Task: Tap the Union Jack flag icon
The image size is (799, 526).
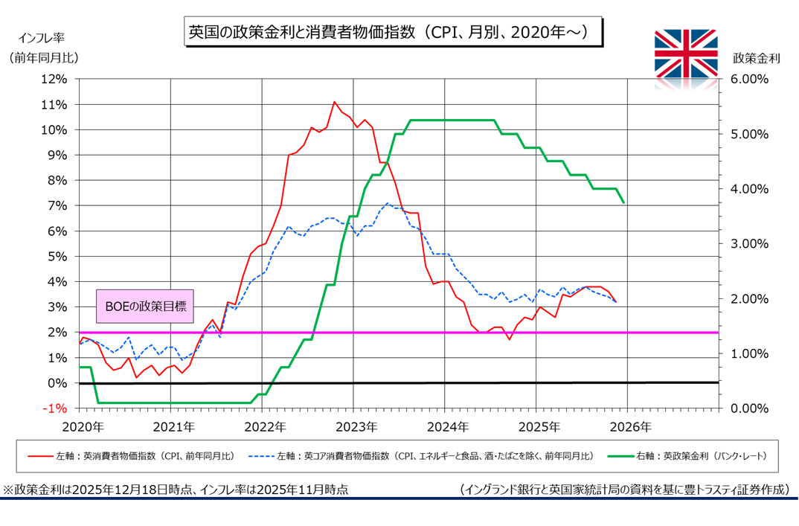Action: click(685, 53)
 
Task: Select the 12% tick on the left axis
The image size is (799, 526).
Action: click(54, 79)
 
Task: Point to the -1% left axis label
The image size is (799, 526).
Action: click(56, 408)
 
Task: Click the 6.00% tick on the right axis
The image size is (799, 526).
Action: click(745, 79)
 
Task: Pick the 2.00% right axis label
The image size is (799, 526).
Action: click(745, 299)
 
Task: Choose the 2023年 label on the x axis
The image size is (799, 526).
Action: click(355, 427)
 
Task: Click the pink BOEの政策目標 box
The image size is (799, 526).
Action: click(145, 306)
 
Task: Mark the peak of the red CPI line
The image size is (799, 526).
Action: click(334, 102)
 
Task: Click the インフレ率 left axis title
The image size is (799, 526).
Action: click(43, 36)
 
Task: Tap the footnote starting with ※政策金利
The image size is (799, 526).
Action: click(176, 490)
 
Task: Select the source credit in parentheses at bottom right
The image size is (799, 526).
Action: click(624, 490)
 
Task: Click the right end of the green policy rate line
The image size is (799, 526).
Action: click(623, 202)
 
